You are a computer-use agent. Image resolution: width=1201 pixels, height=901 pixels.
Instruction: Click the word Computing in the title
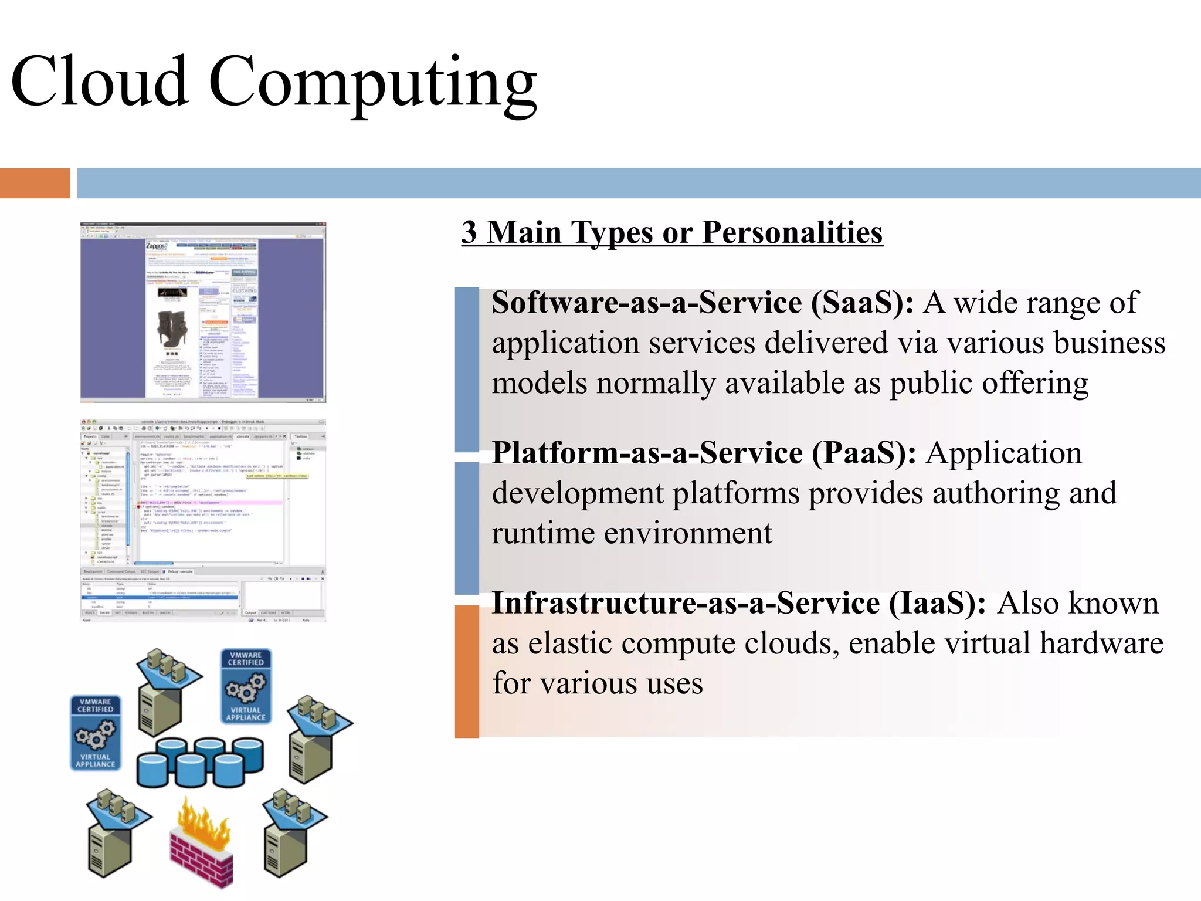coord(373,82)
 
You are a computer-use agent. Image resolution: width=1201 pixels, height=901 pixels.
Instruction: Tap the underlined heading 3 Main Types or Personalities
coord(672,232)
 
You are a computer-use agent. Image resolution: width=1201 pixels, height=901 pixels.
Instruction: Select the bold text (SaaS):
coord(862,303)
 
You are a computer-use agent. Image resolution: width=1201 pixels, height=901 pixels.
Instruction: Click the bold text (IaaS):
coord(937,604)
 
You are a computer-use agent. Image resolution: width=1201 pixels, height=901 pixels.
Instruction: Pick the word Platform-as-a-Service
coord(647,453)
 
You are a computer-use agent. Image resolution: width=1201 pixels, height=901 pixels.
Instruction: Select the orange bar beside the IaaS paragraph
coord(467,671)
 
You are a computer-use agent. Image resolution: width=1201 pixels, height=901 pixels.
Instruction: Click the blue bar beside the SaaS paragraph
coord(467,369)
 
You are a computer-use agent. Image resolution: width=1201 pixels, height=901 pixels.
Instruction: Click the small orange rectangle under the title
coord(35,183)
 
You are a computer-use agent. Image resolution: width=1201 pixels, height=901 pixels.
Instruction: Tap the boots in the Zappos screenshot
coord(172,328)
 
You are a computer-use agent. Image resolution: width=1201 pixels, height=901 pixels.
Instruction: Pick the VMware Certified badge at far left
coord(96,733)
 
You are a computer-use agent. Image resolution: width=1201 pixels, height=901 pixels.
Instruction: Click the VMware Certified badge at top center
coord(246,686)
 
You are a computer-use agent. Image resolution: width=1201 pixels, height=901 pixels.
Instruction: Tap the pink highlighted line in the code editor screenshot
coord(211,503)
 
